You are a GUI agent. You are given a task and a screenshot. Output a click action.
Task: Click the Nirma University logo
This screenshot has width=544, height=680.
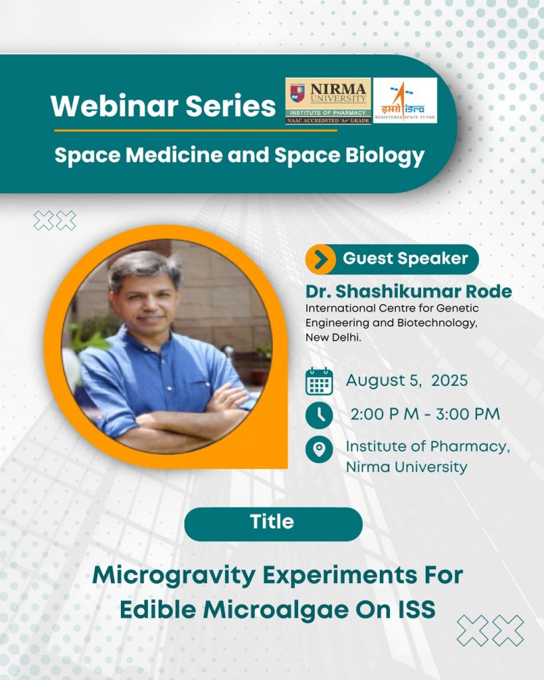pyautogui.click(x=328, y=101)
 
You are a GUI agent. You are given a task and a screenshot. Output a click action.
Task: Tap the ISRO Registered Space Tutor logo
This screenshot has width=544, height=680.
pyautogui.click(x=405, y=101)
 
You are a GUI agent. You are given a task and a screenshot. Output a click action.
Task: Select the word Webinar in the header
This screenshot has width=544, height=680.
pyautogui.click(x=114, y=106)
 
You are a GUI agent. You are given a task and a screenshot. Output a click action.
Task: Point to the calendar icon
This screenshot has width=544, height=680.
pyautogui.click(x=319, y=381)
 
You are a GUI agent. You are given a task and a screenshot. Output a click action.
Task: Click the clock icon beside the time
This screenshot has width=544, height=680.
pyautogui.click(x=319, y=415)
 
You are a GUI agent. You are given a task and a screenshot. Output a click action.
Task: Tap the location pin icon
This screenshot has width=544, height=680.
pyautogui.click(x=319, y=449)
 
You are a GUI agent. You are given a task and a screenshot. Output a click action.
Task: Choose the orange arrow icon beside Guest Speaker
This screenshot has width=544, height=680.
pyautogui.click(x=321, y=260)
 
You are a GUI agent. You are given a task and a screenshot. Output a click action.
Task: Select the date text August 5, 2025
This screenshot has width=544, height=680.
pyautogui.click(x=407, y=381)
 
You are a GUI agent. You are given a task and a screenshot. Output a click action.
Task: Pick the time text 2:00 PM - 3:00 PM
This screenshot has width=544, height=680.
pyautogui.click(x=425, y=414)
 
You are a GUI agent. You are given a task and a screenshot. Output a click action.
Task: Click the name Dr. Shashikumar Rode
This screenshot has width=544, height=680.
pyautogui.click(x=408, y=292)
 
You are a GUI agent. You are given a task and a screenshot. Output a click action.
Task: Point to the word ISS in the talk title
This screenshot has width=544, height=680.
pyautogui.click(x=417, y=610)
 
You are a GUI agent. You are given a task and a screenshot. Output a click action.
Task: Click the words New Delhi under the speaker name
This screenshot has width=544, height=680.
pyautogui.click(x=333, y=337)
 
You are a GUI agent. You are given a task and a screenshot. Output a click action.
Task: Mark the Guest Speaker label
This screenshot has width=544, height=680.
pyautogui.click(x=405, y=258)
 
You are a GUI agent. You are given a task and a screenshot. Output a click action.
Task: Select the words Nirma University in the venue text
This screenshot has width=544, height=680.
pyautogui.click(x=407, y=467)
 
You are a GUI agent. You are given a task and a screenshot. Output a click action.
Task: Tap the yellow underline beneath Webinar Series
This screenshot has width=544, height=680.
pyautogui.click(x=196, y=130)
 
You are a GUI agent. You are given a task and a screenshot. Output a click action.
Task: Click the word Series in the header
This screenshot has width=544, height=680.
pyautogui.click(x=230, y=106)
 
